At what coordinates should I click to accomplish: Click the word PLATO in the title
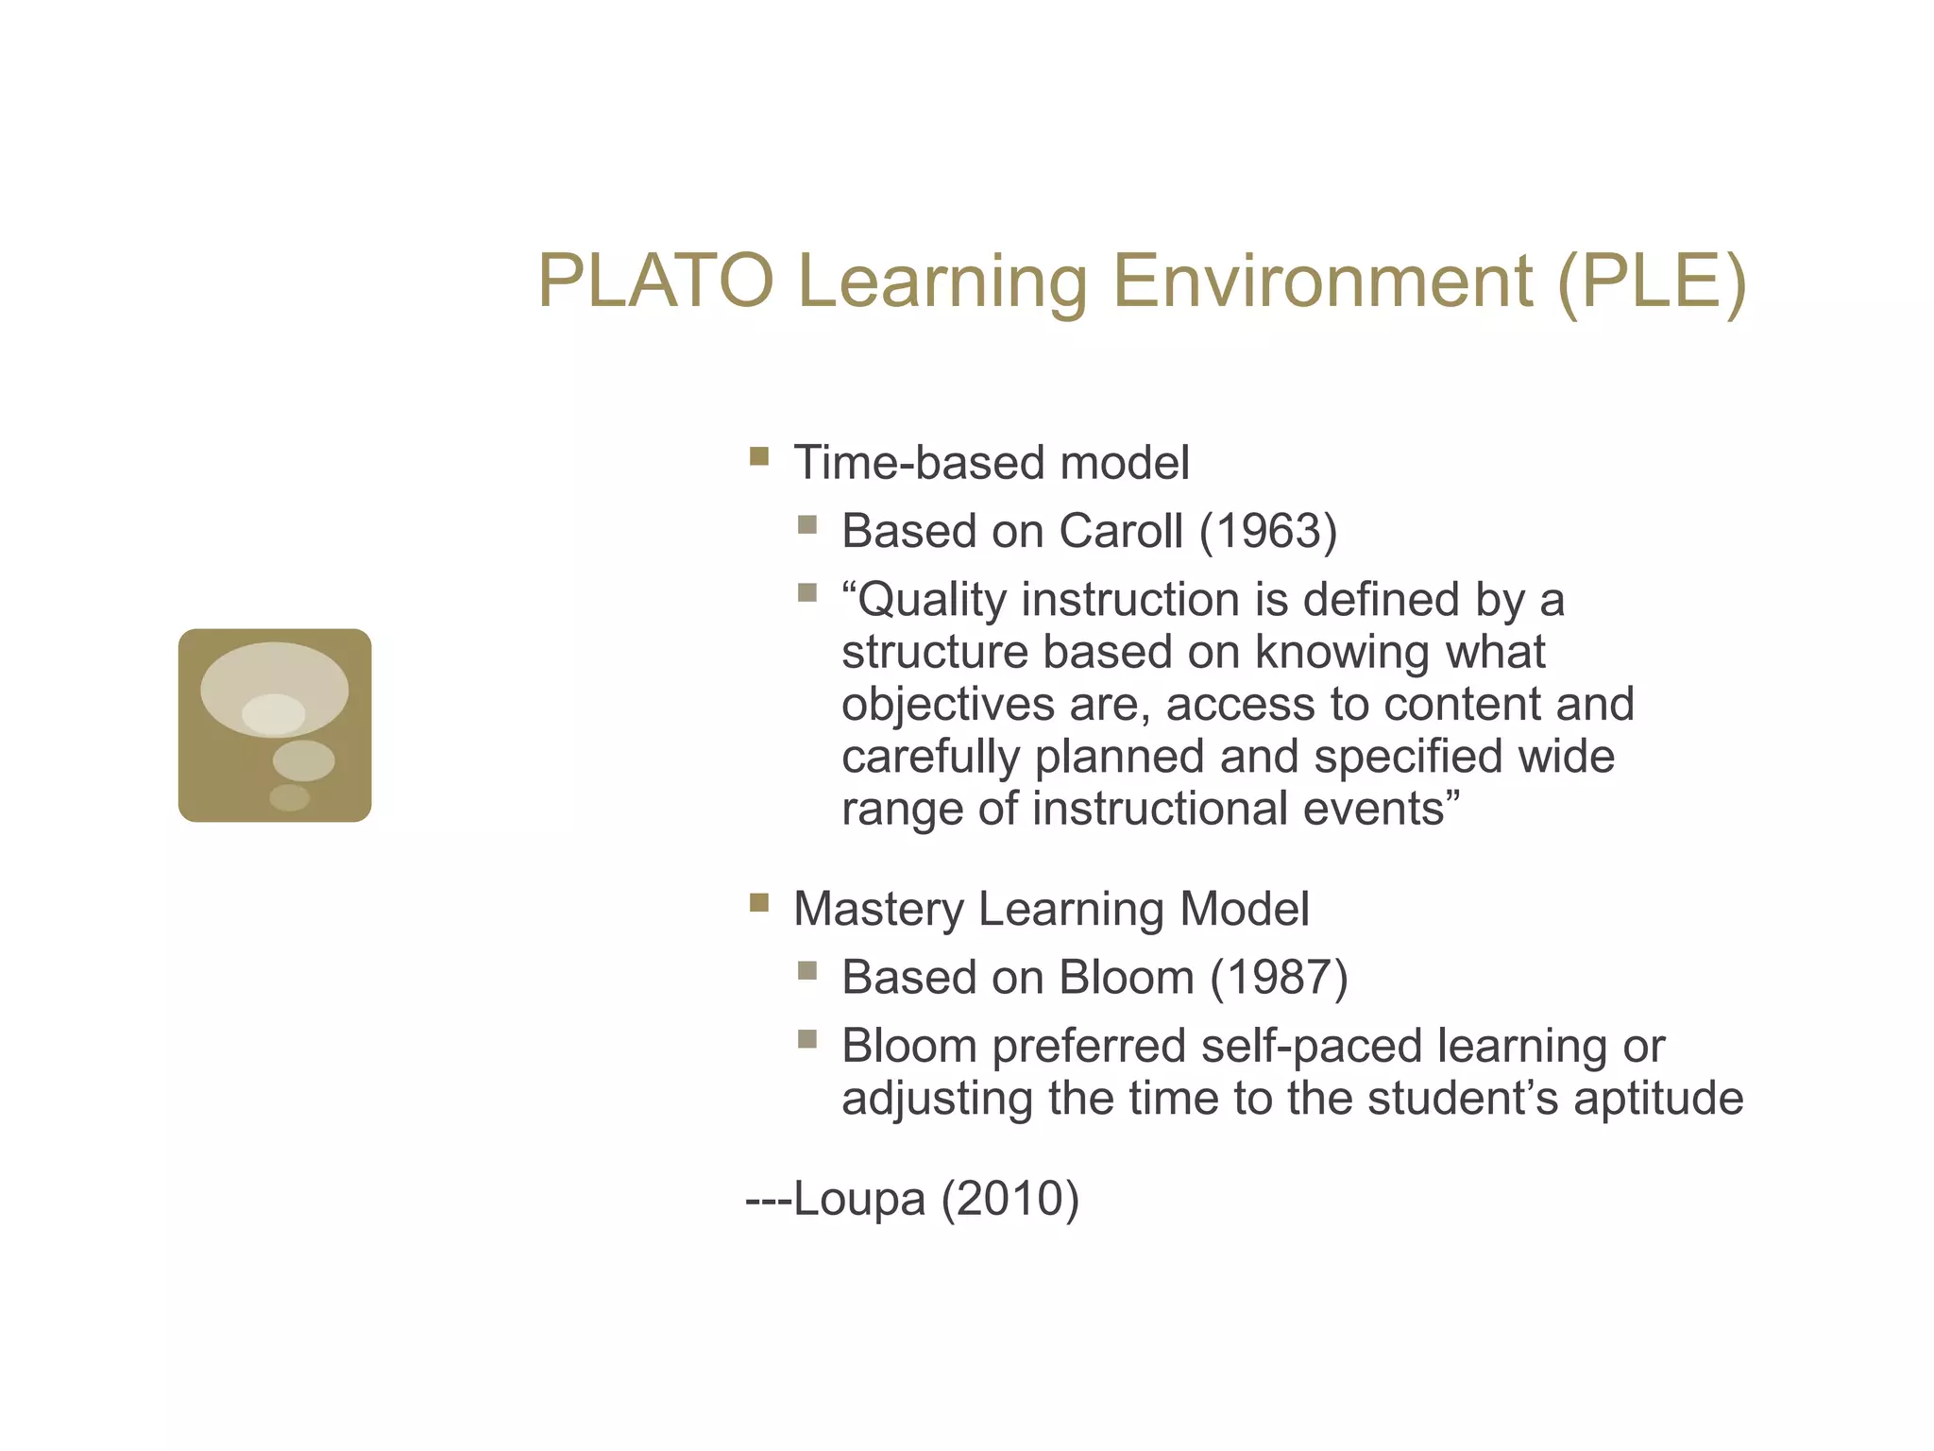pos(655,282)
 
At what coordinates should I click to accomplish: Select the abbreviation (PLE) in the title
pos(1652,282)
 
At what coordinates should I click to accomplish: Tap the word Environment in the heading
pos(1322,282)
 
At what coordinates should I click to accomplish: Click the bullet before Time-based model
pos(758,458)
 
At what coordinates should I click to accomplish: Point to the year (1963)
pos(1268,531)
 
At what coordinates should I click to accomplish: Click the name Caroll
pos(1120,531)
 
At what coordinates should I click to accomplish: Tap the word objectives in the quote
pos(947,705)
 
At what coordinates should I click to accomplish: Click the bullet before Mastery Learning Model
pos(758,903)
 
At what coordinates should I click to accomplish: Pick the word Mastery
pos(877,909)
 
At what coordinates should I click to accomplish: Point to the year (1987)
pos(1279,977)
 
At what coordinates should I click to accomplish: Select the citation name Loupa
pos(859,1199)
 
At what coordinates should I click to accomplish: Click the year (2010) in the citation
pos(1009,1199)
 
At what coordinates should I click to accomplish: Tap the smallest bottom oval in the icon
pos(289,798)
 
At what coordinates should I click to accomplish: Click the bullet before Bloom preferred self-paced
pos(806,1040)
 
